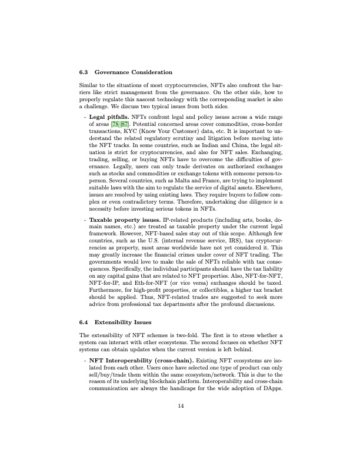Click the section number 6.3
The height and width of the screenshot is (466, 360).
point(83,72)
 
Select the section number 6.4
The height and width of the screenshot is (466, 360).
point(83,322)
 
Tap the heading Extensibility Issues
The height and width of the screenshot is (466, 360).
point(123,322)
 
